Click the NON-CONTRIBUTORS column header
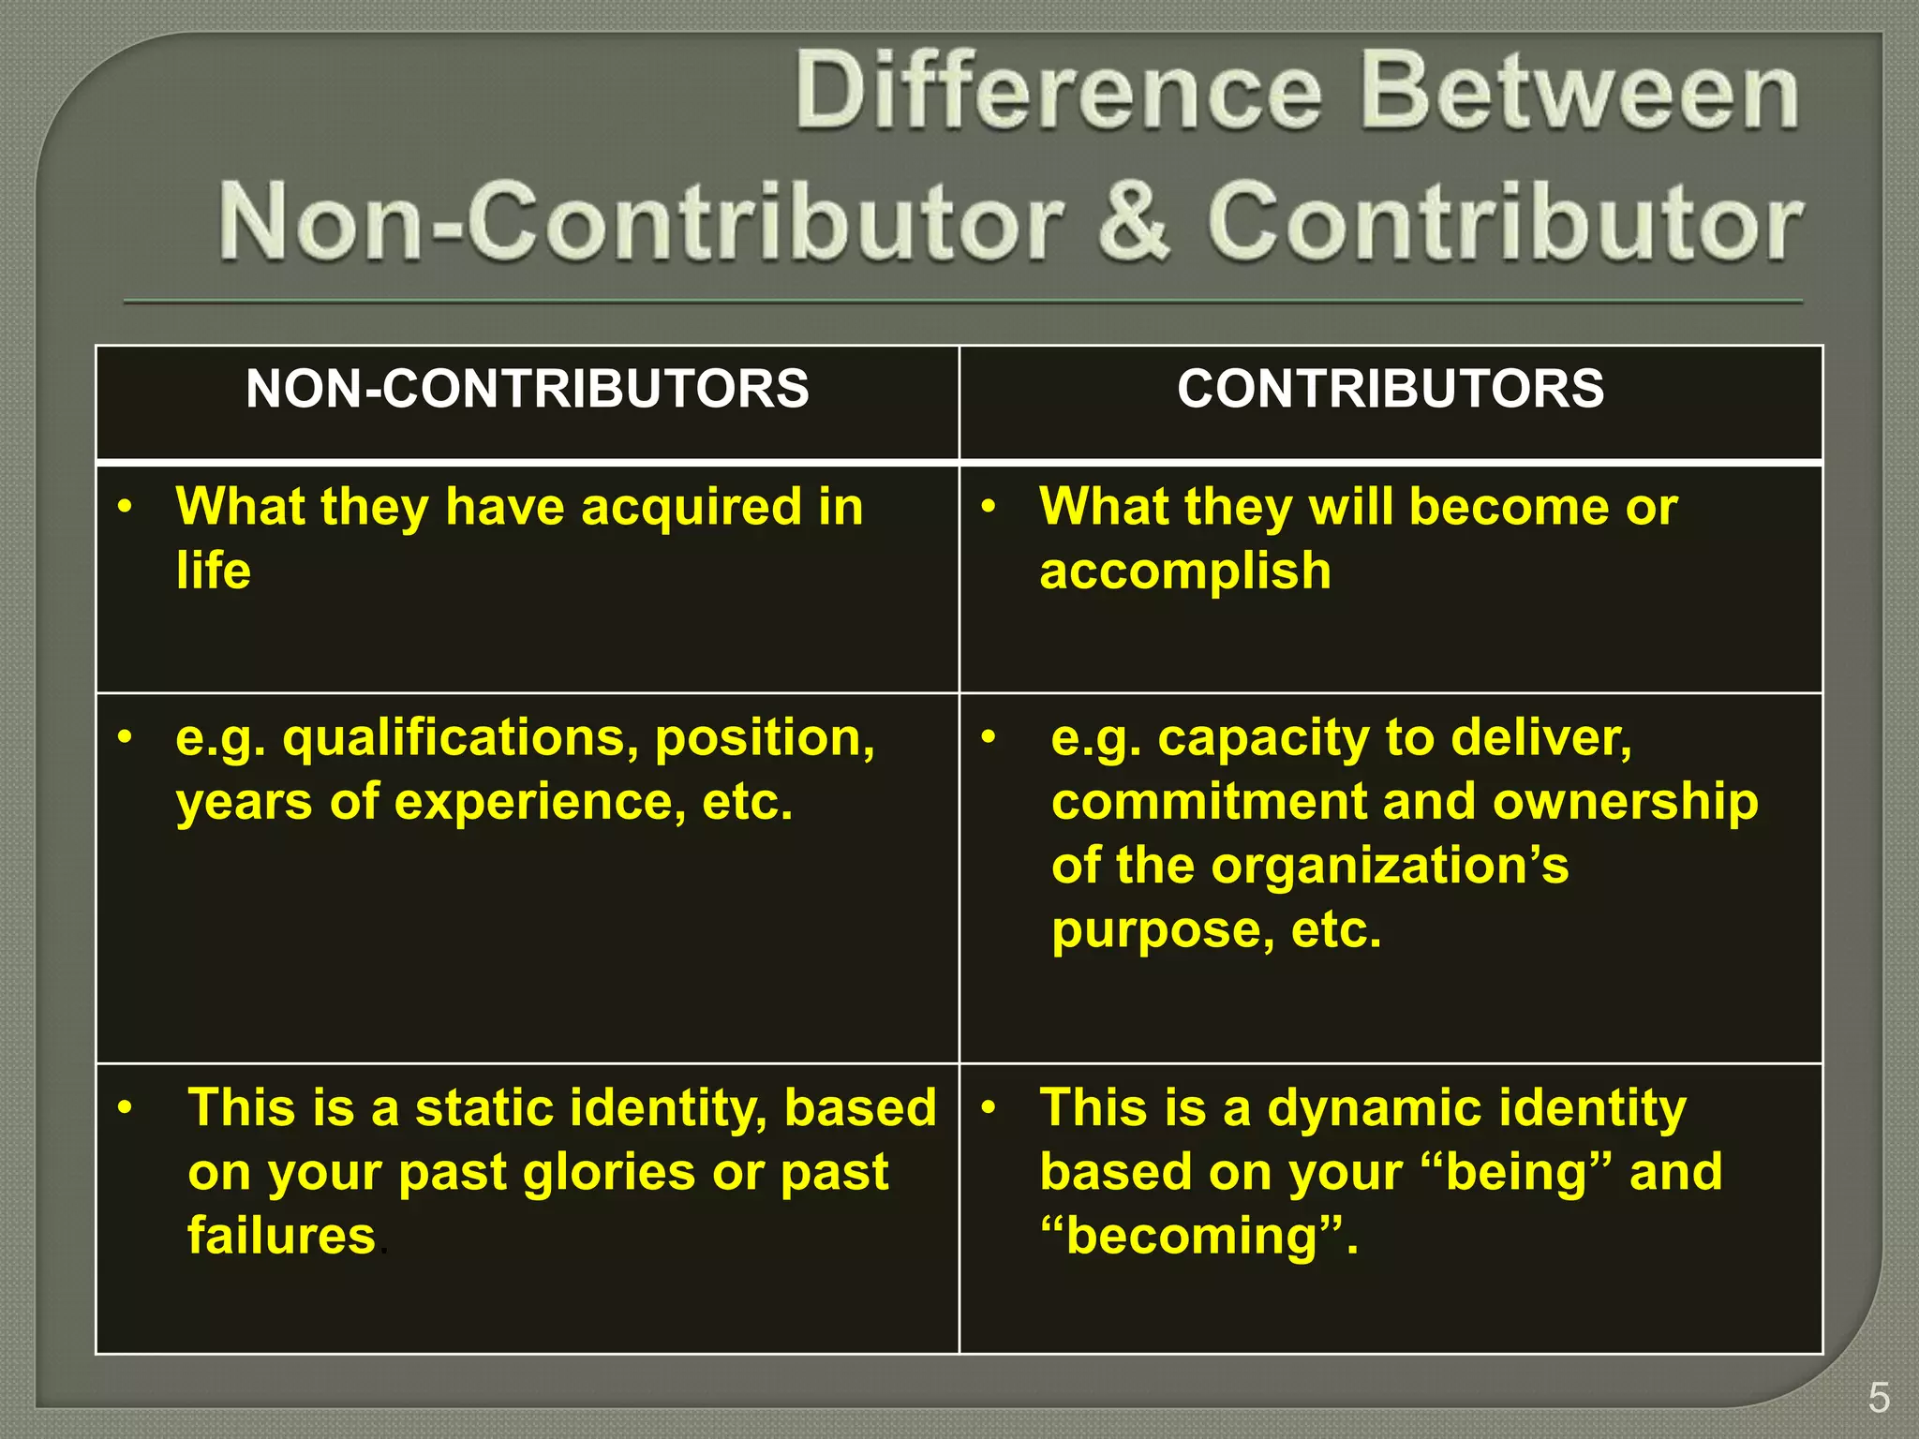(x=527, y=389)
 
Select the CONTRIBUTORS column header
(x=1391, y=389)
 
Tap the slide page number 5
(x=1879, y=1399)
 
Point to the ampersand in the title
(x=1133, y=221)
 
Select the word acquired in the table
(x=691, y=507)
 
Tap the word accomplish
(x=1185, y=571)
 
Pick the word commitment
(x=1209, y=802)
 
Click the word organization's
(x=1389, y=866)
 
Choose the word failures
(x=281, y=1236)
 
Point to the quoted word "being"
(x=1517, y=1172)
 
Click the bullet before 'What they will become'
(x=988, y=507)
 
